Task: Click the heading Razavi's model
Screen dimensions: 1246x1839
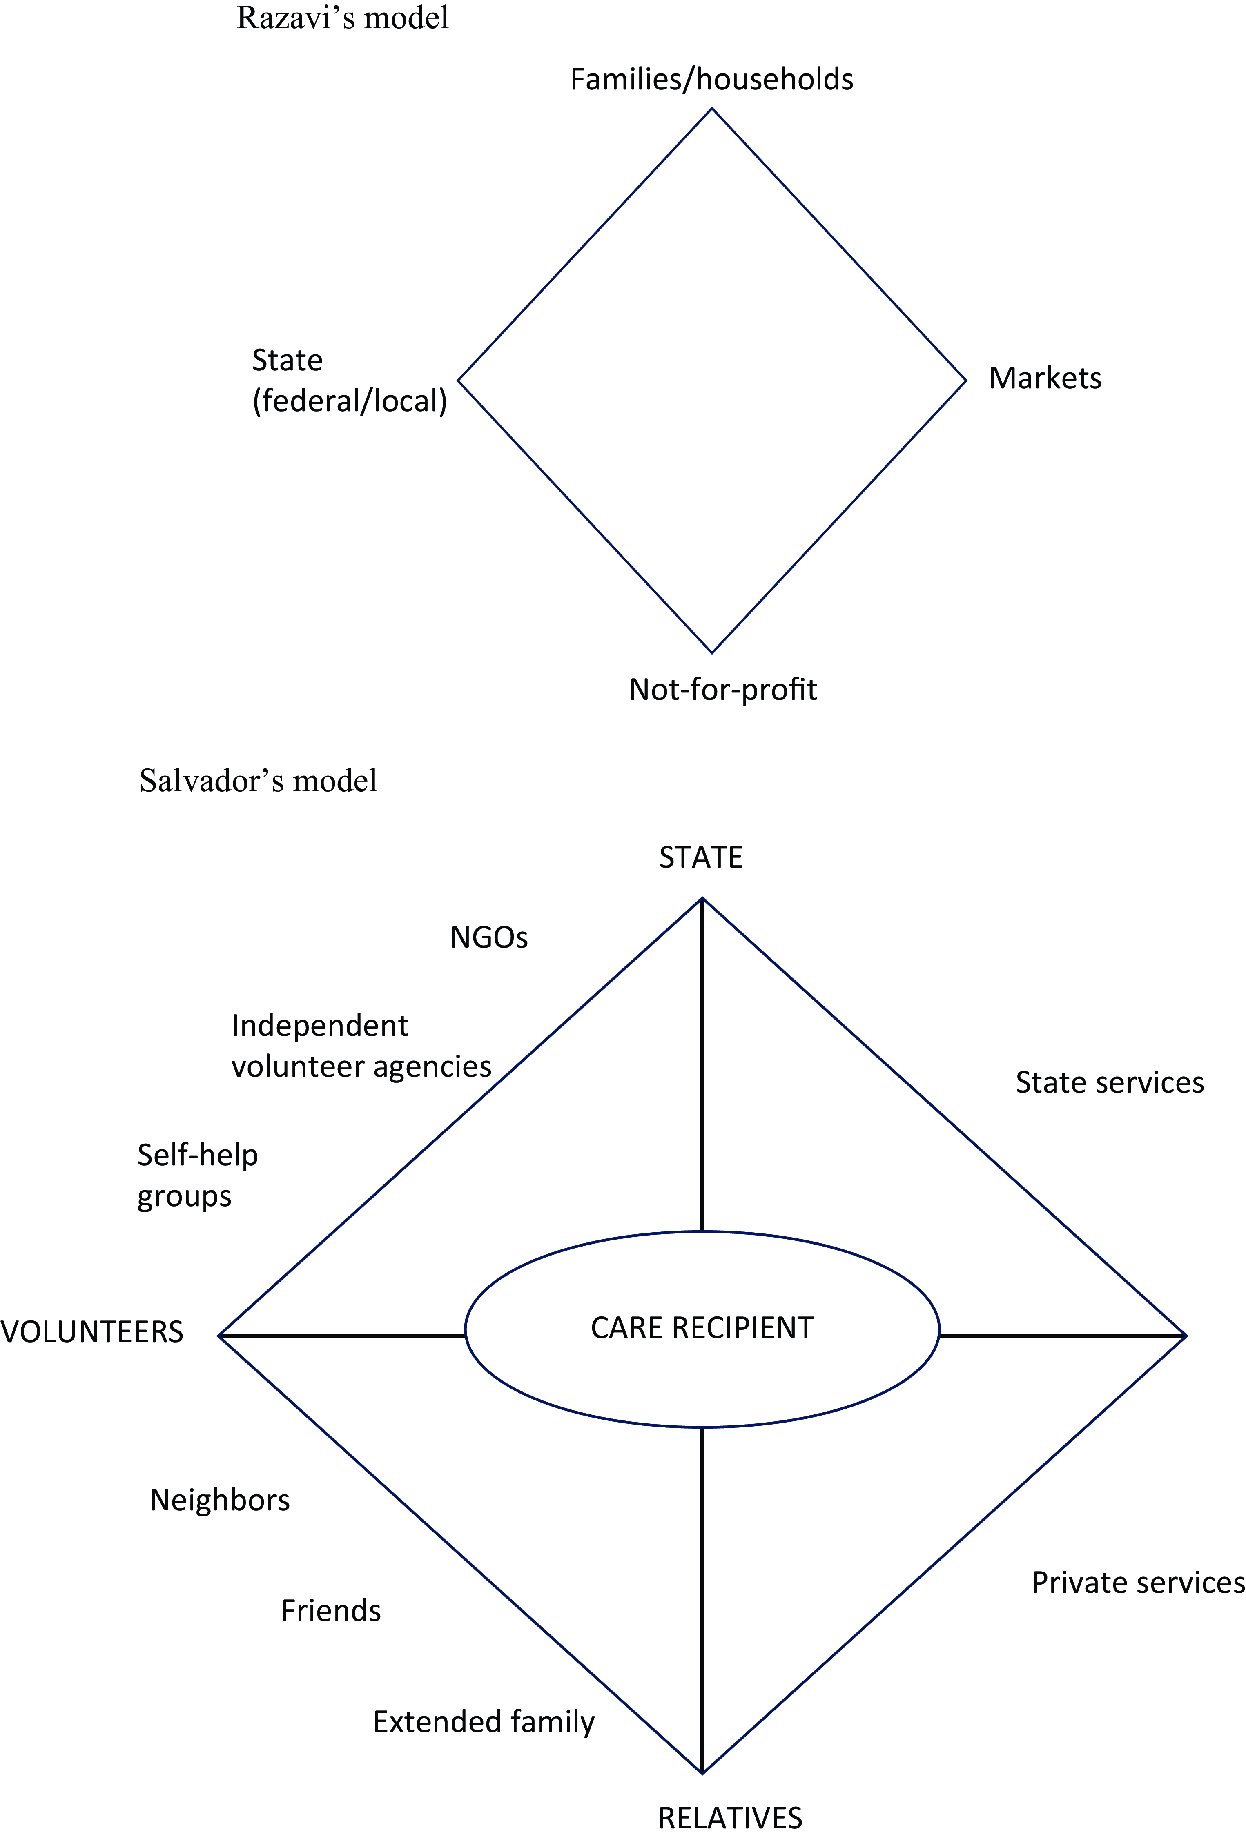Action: [x=343, y=18]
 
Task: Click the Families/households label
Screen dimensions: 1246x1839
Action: [x=712, y=80]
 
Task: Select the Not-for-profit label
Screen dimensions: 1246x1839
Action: [x=723, y=689]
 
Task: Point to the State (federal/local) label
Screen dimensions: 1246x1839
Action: [x=350, y=381]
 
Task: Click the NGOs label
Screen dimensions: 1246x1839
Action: [x=489, y=938]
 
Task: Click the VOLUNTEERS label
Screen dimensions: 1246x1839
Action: [x=92, y=1333]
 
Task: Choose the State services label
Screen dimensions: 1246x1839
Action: [x=1110, y=1082]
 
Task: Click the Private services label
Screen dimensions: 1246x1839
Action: [x=1138, y=1583]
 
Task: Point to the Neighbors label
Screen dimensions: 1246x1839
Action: [x=220, y=1501]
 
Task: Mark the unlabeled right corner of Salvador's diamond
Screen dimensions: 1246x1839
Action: [x=1186, y=1336]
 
